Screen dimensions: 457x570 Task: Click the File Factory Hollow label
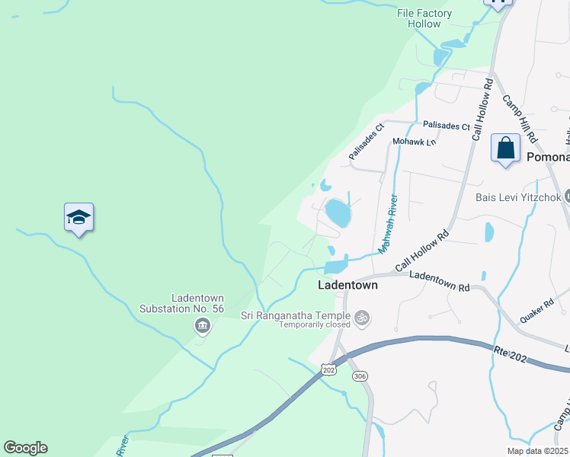coord(424,18)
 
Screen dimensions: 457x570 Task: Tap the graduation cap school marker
coord(79,218)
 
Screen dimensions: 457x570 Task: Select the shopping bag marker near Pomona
coord(505,148)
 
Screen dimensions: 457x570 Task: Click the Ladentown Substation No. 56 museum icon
coord(202,327)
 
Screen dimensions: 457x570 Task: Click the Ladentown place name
coord(347,286)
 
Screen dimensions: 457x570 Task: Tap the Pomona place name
coord(548,157)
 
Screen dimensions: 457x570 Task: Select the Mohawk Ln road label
coord(414,142)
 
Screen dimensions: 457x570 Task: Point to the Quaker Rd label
coord(538,307)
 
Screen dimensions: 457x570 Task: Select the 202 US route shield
coord(328,369)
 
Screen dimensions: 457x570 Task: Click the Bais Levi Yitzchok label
coord(518,197)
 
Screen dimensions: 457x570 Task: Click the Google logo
coord(25,448)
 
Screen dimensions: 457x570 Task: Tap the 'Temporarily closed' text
coord(314,324)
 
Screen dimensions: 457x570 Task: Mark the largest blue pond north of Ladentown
coord(338,213)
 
